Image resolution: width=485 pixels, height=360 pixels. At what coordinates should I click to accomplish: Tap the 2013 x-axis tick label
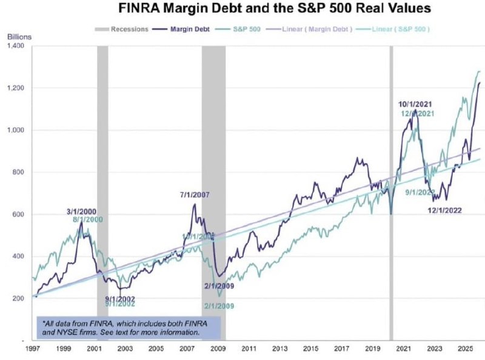[x=281, y=350]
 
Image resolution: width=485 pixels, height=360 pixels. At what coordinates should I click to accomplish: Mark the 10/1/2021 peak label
[x=415, y=105]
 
